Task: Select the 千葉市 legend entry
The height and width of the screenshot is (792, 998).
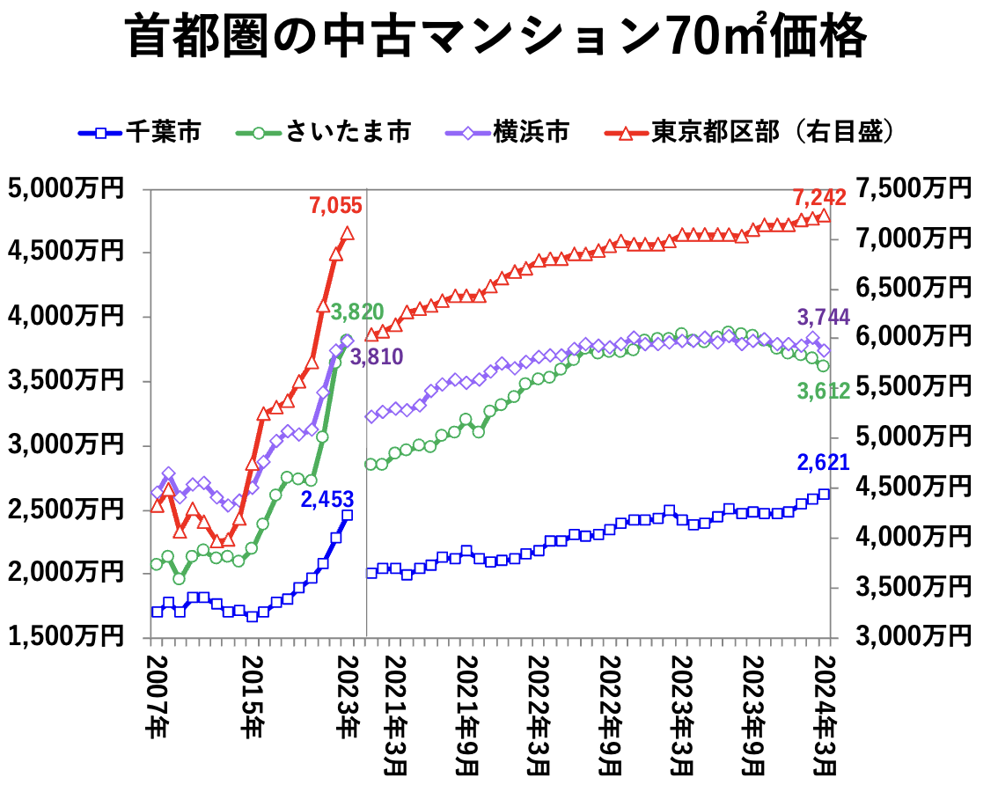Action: (x=140, y=133)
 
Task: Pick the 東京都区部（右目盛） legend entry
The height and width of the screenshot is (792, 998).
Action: (x=752, y=133)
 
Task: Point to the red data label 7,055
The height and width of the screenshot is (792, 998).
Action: (x=335, y=206)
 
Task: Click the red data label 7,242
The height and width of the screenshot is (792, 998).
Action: (x=819, y=196)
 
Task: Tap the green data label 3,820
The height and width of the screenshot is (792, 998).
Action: (x=356, y=312)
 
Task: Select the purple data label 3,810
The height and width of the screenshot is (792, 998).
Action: (x=377, y=357)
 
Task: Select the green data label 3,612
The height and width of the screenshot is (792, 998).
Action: (x=824, y=392)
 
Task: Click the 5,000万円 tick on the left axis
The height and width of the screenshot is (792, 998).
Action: (x=67, y=188)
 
